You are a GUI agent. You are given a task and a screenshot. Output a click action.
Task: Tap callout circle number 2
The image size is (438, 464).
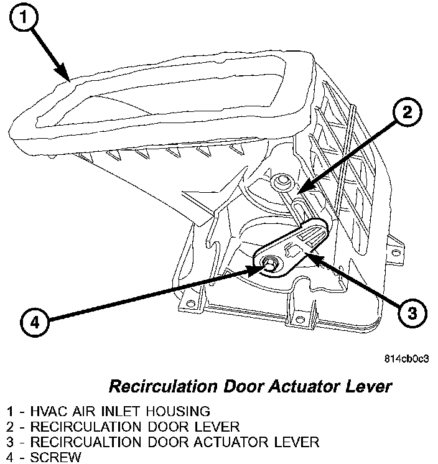pyautogui.click(x=406, y=113)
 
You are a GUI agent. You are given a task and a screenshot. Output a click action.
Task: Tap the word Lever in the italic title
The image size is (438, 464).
pyautogui.click(x=370, y=387)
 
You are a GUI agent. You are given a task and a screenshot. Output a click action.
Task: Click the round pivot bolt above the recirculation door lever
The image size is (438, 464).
pyautogui.click(x=280, y=181)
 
